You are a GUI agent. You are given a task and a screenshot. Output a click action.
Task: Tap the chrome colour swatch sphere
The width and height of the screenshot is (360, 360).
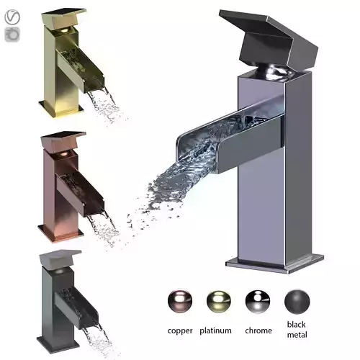click(256, 300)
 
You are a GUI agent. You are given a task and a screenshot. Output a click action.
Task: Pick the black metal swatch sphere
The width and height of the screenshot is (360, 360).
click(297, 300)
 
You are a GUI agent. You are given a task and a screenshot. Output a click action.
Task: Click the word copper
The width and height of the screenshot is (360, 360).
click(179, 331)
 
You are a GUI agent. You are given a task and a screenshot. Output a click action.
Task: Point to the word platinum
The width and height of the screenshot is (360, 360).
click(216, 331)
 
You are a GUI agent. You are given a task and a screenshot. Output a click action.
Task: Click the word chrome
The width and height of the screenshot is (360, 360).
click(258, 331)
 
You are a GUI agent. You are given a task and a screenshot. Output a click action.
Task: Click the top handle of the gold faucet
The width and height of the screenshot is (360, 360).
click(63, 15)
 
